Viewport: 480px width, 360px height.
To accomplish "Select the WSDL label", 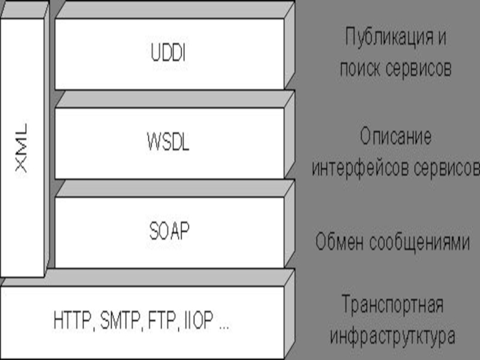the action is coord(168,143).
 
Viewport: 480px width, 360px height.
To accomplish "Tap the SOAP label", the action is coord(169,231).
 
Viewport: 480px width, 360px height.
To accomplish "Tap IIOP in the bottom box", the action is coord(197,320).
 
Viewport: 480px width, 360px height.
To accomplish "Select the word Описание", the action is coord(395,137).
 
